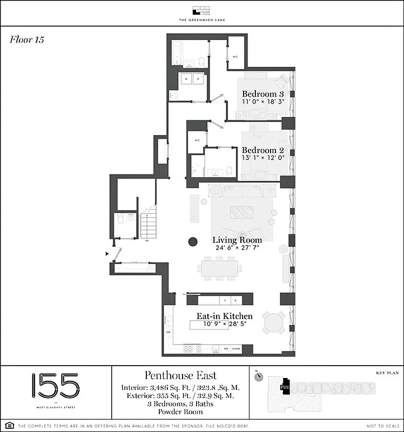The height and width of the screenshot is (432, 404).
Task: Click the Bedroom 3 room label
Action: click(x=262, y=93)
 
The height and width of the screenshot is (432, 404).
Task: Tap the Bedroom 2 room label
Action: click(x=262, y=150)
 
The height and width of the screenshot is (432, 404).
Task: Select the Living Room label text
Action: click(x=237, y=240)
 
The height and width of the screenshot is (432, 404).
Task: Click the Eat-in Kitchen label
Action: click(x=224, y=316)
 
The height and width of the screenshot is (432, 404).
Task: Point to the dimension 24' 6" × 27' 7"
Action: click(x=237, y=248)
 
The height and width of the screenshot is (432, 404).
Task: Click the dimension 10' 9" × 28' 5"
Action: click(x=224, y=324)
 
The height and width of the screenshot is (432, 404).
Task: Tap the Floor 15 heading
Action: click(x=26, y=39)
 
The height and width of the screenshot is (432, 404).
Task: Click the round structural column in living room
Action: click(x=192, y=242)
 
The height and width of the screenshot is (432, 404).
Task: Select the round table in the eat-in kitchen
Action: click(x=273, y=322)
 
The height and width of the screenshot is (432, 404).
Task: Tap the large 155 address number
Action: click(x=55, y=386)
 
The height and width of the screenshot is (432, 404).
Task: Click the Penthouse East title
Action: click(x=180, y=375)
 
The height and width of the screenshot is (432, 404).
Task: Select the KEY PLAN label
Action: click(x=386, y=373)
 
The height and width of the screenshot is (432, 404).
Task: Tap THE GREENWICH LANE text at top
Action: click(x=202, y=20)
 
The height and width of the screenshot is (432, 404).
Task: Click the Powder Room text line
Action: click(x=180, y=411)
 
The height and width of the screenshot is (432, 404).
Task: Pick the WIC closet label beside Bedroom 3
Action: click(x=235, y=56)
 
